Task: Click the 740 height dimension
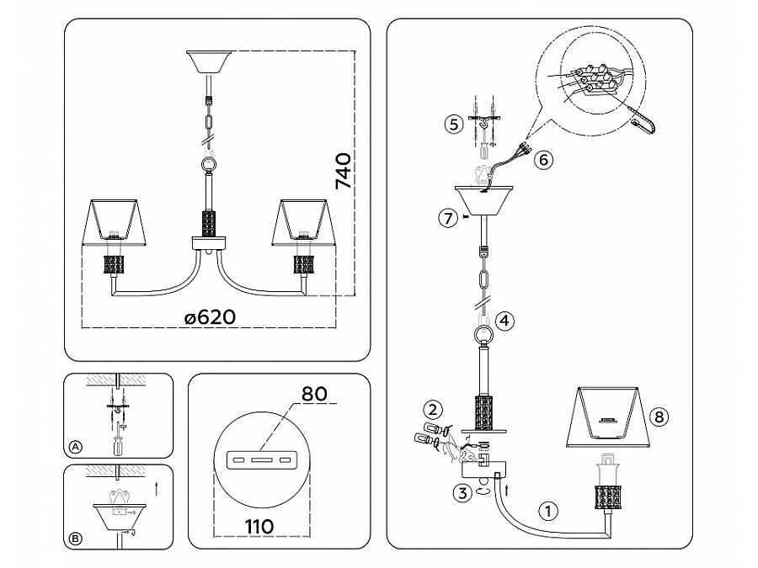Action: [x=343, y=171]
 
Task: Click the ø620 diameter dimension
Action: [x=211, y=317]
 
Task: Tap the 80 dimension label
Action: [x=314, y=394]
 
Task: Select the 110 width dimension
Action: [x=259, y=526]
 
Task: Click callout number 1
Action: [x=547, y=511]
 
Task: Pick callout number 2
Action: [x=433, y=410]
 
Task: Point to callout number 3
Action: [x=462, y=494]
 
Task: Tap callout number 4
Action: [x=504, y=321]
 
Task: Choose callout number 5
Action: [x=453, y=125]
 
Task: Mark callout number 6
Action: [x=543, y=159]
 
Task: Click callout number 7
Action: [x=448, y=218]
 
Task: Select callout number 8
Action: [x=659, y=417]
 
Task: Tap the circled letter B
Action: [x=76, y=539]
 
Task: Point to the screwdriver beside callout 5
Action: [x=483, y=143]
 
